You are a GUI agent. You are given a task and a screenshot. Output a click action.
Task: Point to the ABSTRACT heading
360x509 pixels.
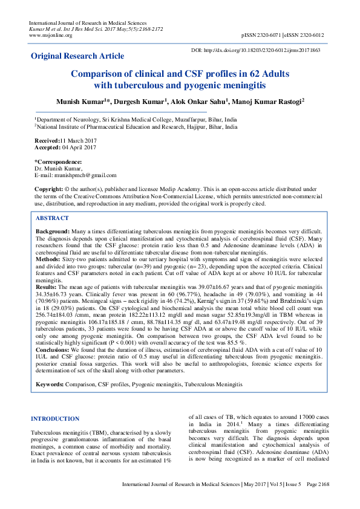[x=52, y=218]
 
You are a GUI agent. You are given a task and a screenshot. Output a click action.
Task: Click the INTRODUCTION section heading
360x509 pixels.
[x=54, y=418]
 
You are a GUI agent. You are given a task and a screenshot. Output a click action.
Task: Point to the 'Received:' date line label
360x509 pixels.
[x=48, y=140]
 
